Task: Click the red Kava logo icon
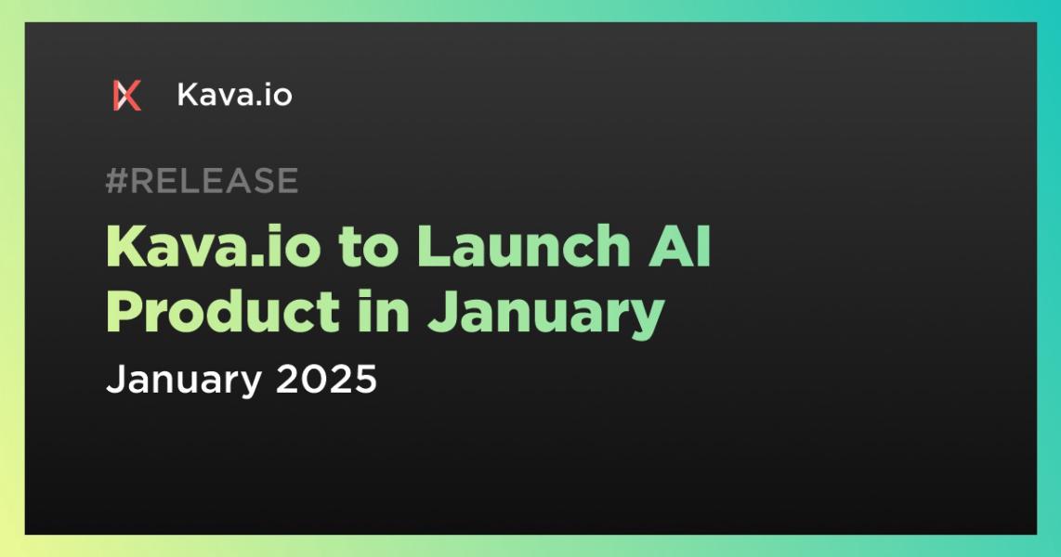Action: coord(127,96)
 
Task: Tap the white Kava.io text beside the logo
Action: coord(235,95)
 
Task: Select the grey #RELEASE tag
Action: coord(202,180)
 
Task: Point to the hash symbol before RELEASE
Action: coord(116,180)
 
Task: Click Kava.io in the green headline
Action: coord(213,246)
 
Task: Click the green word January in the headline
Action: coord(546,315)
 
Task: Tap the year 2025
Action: coord(326,379)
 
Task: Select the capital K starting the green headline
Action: coord(128,247)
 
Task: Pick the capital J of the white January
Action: coord(116,379)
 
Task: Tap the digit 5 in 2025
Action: coord(364,379)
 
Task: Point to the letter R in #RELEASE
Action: coord(143,180)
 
